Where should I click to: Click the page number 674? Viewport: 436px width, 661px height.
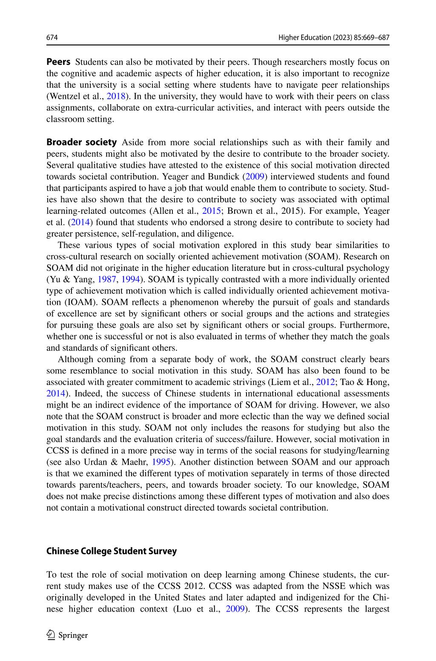click(52, 38)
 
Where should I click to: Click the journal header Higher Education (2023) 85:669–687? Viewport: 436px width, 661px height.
click(334, 38)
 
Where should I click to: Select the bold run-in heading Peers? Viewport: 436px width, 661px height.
click(58, 62)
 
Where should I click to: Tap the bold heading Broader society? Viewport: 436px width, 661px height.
click(81, 142)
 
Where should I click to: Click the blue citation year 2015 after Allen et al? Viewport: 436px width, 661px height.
click(212, 211)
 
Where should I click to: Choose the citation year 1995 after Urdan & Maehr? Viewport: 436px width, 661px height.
click(161, 462)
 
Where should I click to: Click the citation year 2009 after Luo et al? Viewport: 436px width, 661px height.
click(235, 609)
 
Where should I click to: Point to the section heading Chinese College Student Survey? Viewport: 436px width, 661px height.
click(111, 551)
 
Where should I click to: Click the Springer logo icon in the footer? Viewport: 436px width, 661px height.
click(51, 635)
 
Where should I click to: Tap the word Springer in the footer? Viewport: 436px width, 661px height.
click(73, 635)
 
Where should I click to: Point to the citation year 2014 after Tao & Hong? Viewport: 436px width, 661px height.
click(56, 394)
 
